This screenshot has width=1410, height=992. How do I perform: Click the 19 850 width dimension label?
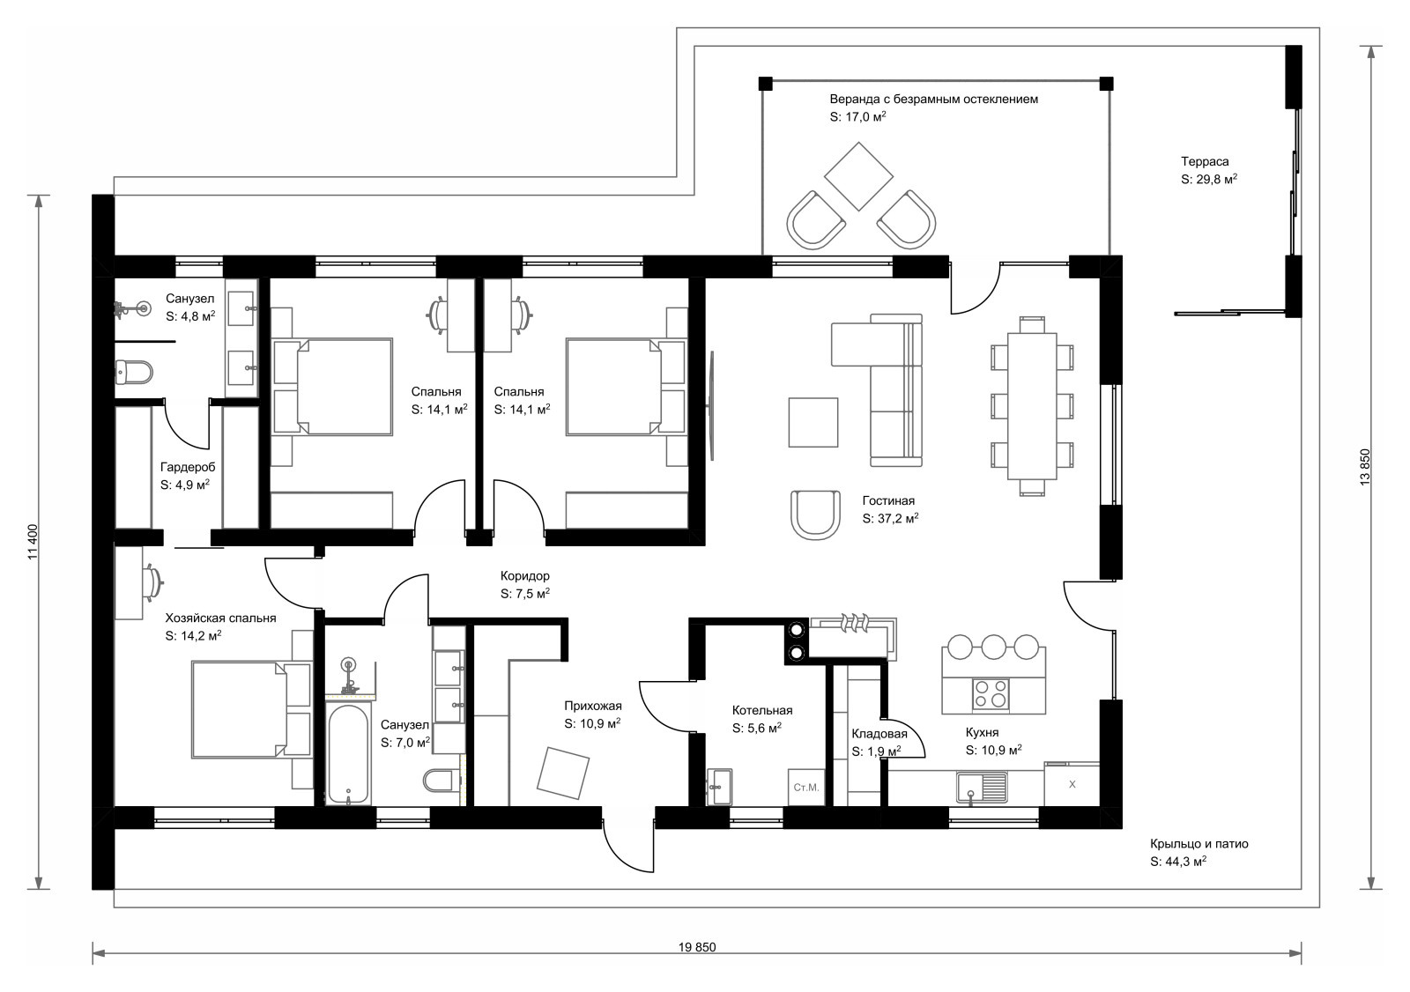pos(697,947)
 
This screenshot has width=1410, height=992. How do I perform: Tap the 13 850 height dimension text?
pos(1365,466)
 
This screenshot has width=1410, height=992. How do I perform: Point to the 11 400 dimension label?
pos(33,542)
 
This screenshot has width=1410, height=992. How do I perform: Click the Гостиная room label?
pos(888,501)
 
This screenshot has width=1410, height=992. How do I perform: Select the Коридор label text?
pos(525,576)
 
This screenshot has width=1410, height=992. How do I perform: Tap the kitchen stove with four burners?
pos(991,693)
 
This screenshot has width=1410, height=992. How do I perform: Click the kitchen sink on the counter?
pos(982,788)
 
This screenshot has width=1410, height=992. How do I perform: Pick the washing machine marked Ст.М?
pos(806,787)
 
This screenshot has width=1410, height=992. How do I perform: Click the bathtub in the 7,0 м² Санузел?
pos(348,754)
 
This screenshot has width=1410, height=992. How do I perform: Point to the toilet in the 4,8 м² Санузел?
pos(134,372)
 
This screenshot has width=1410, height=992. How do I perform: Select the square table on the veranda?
pos(858,176)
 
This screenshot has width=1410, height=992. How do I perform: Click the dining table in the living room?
pos(1032,406)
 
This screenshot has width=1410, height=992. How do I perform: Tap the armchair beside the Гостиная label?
pos(815,515)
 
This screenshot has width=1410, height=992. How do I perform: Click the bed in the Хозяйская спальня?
pos(252,710)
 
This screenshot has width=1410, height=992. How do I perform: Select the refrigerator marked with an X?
pos(1072,784)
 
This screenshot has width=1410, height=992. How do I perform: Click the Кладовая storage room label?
pos(879,734)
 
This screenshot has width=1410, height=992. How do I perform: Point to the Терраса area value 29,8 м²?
pos(1208,180)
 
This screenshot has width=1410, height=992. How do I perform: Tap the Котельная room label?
pos(761,711)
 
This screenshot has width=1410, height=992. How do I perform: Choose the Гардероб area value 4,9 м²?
pos(185,485)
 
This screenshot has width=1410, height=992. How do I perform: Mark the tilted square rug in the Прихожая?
pos(563,773)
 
